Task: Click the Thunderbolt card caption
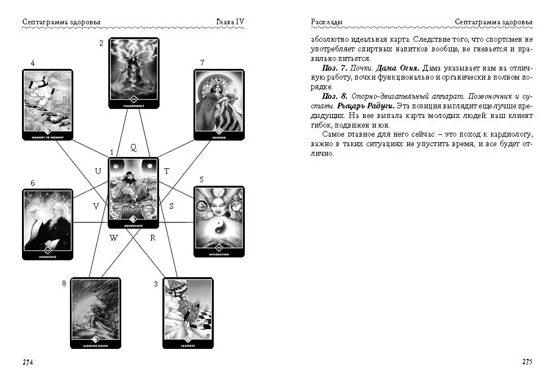(134, 105)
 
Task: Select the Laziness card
(188, 313)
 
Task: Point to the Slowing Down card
(95, 313)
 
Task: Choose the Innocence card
(48, 224)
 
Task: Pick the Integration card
(219, 221)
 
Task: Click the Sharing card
(219, 104)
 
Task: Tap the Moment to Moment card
(48, 104)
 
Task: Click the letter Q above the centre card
(133, 148)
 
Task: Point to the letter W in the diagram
(113, 238)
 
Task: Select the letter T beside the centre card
(166, 171)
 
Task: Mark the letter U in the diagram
(98, 171)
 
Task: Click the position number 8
(64, 283)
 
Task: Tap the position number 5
(201, 180)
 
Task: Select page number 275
(527, 362)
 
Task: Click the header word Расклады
(327, 22)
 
